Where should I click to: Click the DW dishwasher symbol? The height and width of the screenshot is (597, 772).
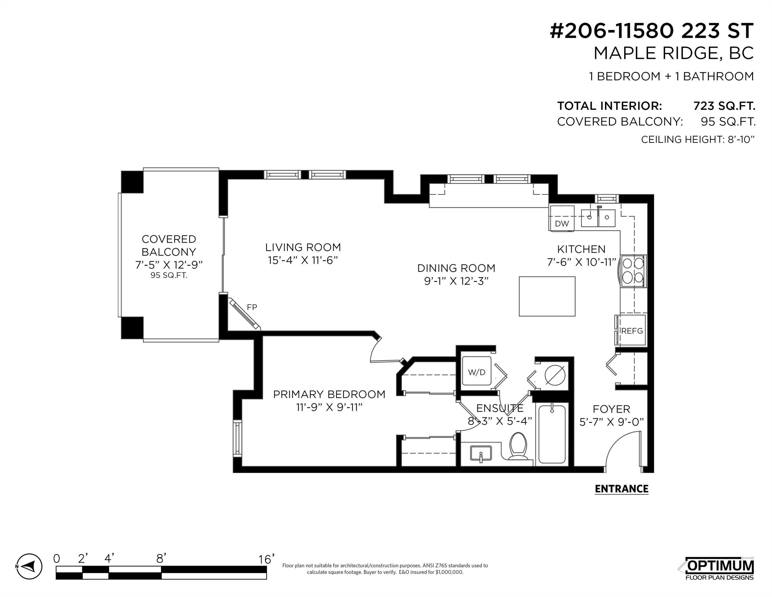pos(562,218)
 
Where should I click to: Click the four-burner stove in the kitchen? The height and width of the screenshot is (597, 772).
pos(632,271)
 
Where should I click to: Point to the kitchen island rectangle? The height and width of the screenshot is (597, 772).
pos(547,296)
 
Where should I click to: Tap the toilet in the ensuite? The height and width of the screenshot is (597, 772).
pos(518,446)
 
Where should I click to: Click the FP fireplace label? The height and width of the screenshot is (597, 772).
pos(252,307)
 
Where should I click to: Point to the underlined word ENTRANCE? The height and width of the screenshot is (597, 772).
pos(622,489)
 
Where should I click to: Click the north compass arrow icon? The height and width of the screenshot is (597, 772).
pos(29,576)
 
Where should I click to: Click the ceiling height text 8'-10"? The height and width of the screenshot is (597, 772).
pos(741,139)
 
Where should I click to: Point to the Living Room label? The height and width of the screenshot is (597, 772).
pos(303,247)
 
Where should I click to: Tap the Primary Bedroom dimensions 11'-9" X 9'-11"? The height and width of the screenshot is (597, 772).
pos(329,407)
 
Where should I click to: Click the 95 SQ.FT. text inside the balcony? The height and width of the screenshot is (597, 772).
pos(169,275)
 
